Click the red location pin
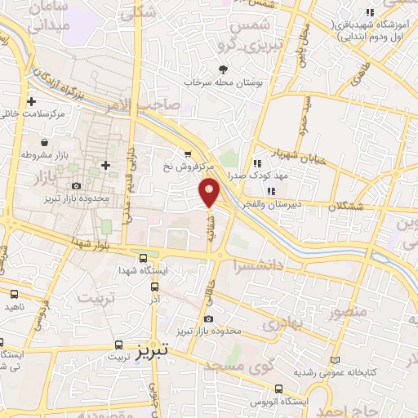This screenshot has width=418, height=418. (x=209, y=192)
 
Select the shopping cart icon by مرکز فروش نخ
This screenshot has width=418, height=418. (x=189, y=153)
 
